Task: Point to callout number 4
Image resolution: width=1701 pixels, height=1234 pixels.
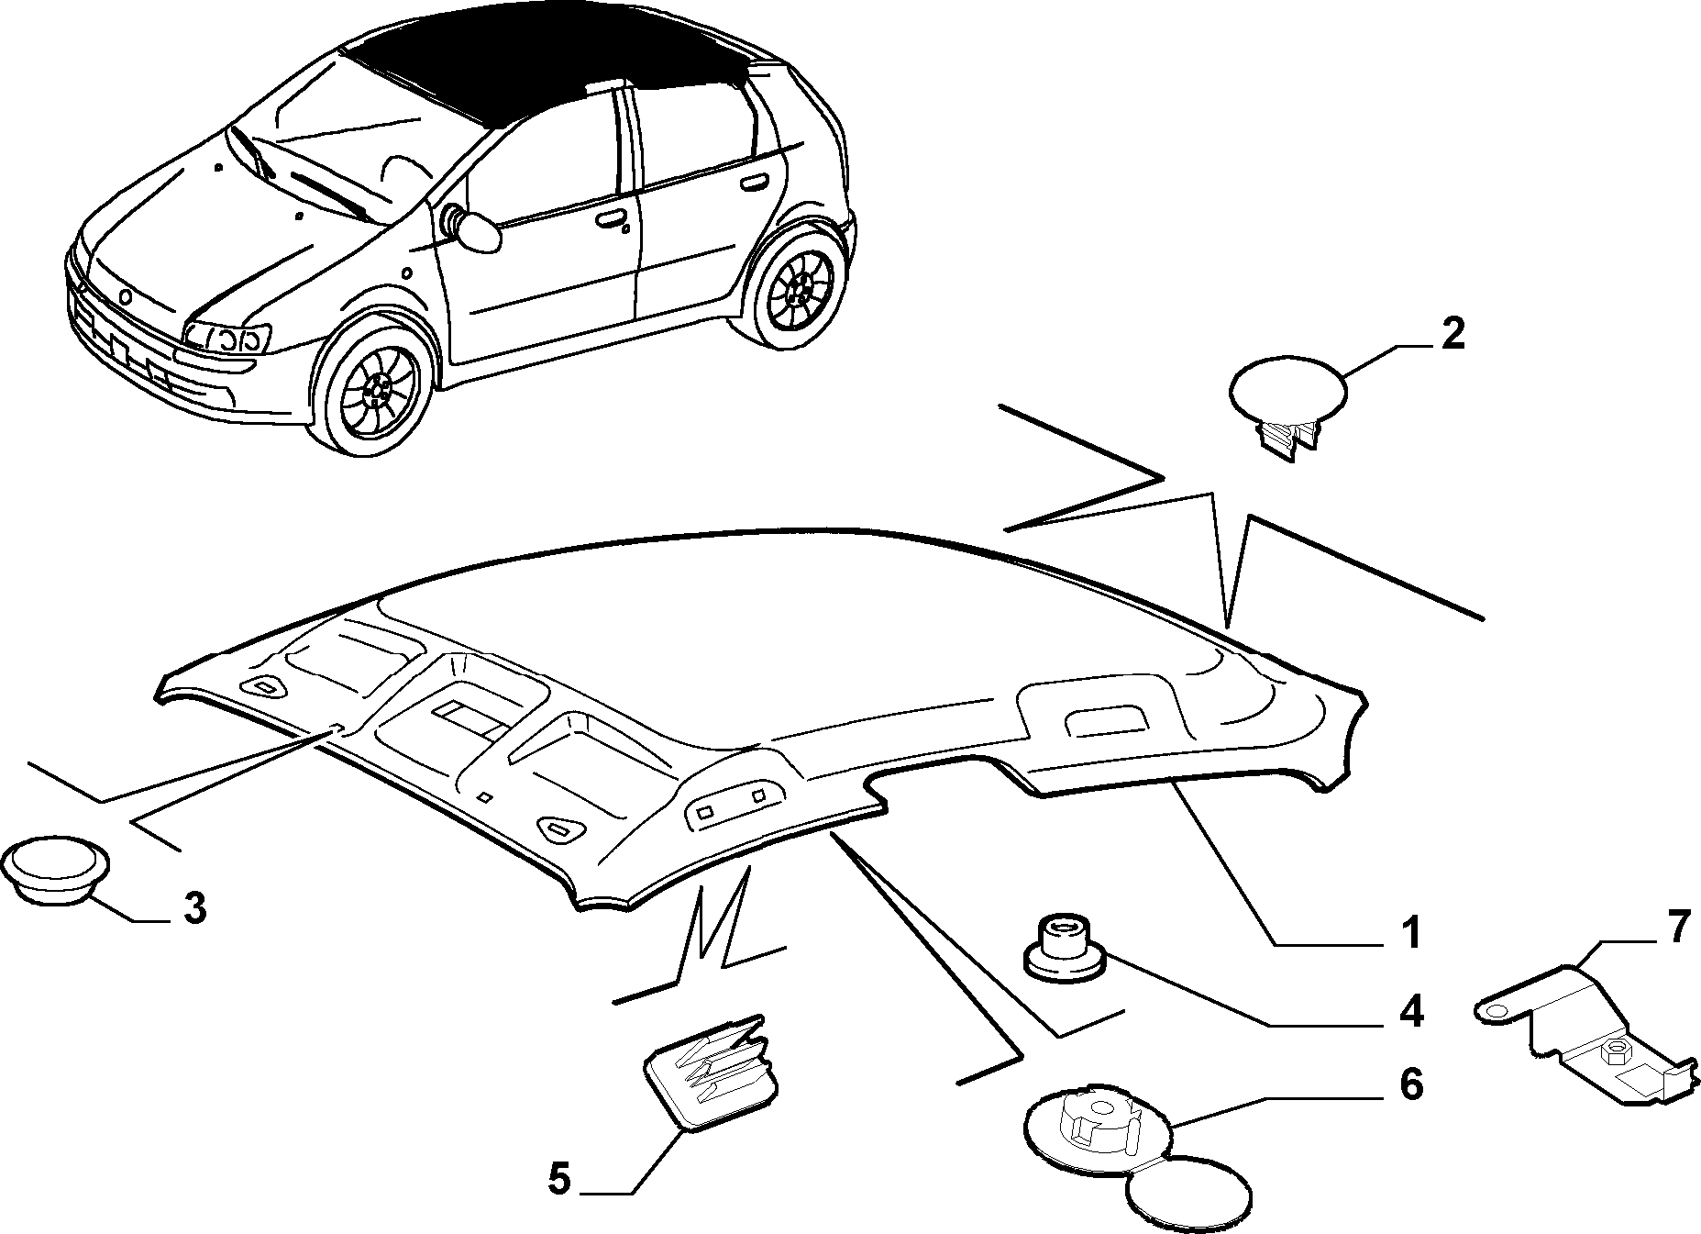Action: coord(1410,1010)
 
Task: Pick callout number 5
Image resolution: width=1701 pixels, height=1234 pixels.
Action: coord(558,1178)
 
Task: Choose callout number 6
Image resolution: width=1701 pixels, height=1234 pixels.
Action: coord(1410,1085)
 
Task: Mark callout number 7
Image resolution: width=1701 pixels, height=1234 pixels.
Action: coord(1676,928)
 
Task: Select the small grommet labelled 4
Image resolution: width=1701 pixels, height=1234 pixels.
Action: coord(1065,951)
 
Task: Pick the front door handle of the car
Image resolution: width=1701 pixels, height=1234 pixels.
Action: coord(610,220)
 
